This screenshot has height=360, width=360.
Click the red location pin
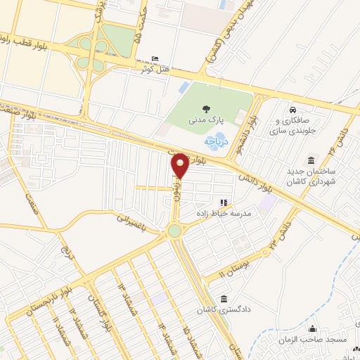(x=181, y=165)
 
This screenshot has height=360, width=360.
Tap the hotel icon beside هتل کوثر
(x=155, y=59)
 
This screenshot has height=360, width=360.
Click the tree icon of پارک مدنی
(x=206, y=108)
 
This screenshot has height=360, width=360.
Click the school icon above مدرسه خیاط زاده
(x=224, y=202)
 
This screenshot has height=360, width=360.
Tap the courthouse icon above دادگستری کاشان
(x=224, y=298)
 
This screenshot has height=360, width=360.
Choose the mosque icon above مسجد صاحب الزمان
(x=314, y=329)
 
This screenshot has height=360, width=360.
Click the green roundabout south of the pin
(x=174, y=231)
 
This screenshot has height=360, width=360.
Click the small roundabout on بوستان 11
(x=269, y=247)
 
